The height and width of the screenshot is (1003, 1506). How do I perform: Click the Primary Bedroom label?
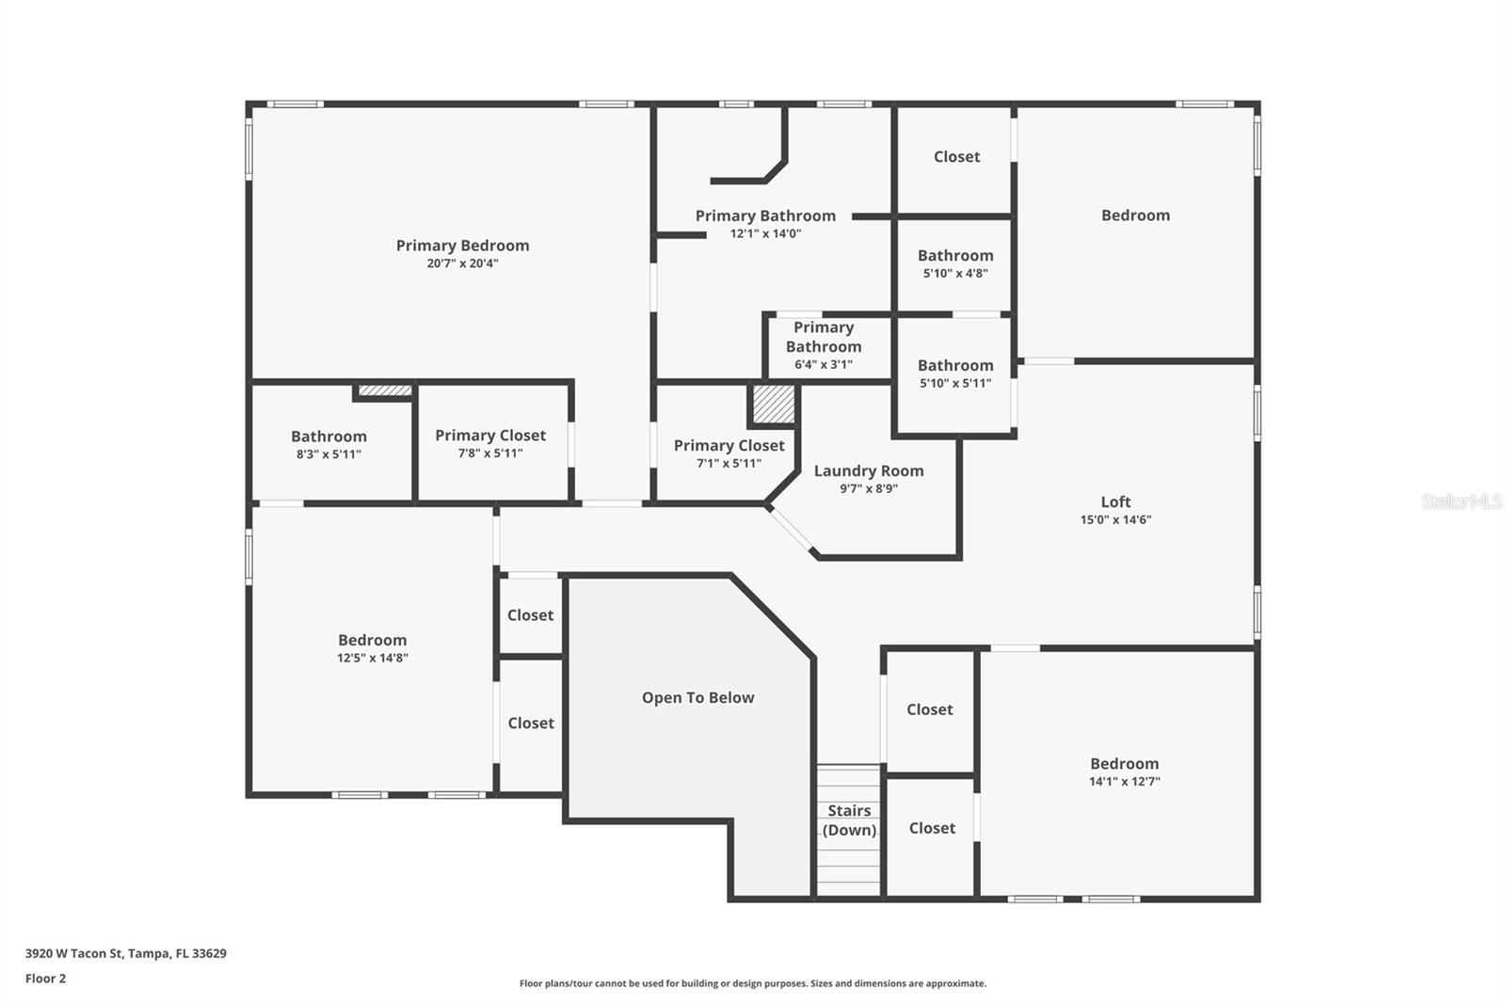(462, 246)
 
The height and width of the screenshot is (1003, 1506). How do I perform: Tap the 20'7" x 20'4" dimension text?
(462, 263)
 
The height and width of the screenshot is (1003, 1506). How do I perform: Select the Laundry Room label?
(869, 470)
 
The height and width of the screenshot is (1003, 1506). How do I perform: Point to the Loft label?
(1115, 501)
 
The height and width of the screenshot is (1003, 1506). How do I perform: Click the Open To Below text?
(697, 697)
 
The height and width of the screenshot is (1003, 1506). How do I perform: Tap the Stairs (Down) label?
(849, 820)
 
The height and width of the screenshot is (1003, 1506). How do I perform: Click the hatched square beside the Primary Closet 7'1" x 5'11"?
(774, 405)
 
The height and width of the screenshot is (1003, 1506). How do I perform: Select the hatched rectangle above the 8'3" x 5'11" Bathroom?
(385, 390)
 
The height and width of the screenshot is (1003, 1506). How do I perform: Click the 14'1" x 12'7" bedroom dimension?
(1124, 782)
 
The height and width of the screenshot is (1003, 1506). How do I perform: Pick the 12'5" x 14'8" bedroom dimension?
(373, 659)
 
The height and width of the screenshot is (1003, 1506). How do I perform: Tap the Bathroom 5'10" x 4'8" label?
(955, 256)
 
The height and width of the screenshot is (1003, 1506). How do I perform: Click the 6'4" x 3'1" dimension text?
(824, 365)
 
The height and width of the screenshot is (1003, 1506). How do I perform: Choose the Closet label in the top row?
(956, 157)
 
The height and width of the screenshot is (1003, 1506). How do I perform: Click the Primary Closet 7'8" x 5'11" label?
(490, 436)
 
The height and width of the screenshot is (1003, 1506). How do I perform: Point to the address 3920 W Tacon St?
(125, 953)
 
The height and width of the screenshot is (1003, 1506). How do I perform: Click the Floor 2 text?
(45, 979)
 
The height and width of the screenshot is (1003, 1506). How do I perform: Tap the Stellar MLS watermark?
(1461, 501)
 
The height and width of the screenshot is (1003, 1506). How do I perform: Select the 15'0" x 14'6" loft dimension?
(1115, 519)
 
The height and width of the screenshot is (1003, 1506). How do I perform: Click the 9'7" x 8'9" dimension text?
(869, 488)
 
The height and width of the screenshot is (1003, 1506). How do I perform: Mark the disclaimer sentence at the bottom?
(753, 983)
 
